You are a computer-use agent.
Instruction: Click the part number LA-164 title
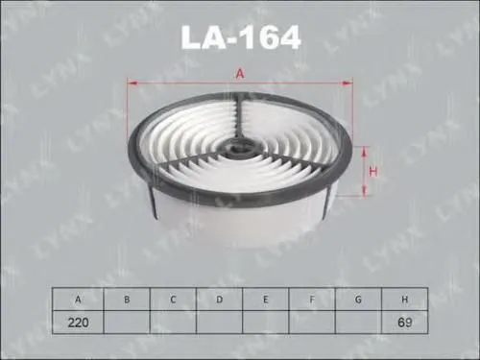pos(240,37)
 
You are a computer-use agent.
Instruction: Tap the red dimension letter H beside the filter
pos(374,171)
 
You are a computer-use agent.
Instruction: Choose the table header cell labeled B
pos(126,300)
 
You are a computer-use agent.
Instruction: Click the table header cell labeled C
pos(173,300)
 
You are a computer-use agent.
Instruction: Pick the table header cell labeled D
pos(219,300)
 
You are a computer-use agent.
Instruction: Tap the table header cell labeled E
pos(266,300)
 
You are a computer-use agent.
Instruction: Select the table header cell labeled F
pos(312,300)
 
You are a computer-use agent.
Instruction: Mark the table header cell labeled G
pos(358,300)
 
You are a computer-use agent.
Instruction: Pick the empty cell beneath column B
pos(126,323)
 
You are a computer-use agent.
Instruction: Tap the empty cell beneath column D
pos(219,323)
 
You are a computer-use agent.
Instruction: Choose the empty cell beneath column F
pos(312,323)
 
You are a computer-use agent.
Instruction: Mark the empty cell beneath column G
pos(358,323)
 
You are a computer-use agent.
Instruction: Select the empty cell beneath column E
pos(266,323)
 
